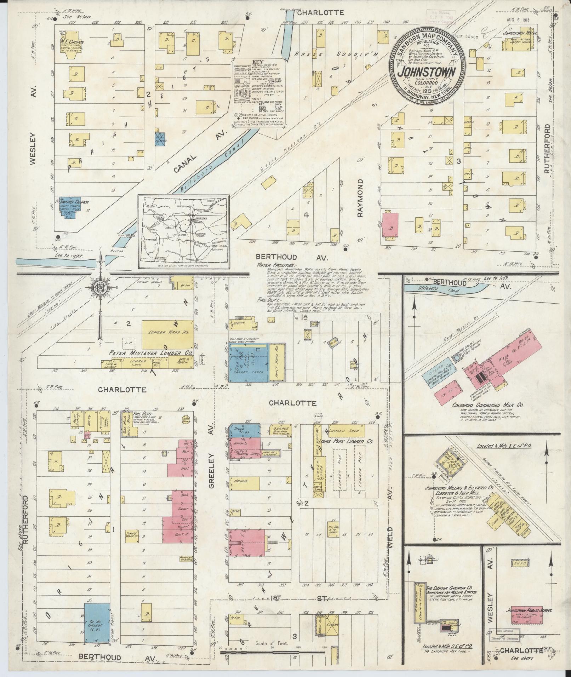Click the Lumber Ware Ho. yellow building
[167, 334]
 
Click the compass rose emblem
[100, 287]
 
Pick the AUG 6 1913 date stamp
[518, 20]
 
